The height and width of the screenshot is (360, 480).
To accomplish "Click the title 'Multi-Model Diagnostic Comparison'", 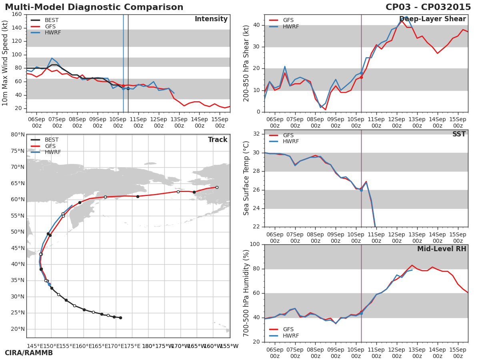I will tap(94, 7).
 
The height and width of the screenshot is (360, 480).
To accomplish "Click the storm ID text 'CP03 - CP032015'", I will tap(428, 7).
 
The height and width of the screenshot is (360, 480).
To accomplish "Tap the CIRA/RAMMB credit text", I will tap(29, 353).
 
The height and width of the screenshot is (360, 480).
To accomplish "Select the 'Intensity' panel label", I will tap(211, 19).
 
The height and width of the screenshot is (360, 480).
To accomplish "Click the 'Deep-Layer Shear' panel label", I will tap(432, 19).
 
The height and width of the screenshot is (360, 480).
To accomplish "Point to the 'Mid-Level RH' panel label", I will tap(442, 249).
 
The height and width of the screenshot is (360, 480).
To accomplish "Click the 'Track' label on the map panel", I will tap(218, 140).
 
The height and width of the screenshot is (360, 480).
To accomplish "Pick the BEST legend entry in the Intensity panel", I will tap(51, 20).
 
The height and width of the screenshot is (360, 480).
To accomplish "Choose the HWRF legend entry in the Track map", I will tap(53, 152).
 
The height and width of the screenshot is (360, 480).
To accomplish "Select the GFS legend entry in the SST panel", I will tap(288, 136).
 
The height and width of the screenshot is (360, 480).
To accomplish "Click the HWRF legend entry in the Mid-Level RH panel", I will tap(290, 336).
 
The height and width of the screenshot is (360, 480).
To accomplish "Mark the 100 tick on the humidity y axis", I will tap(254, 244).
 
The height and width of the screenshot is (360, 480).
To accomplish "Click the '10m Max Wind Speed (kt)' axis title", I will tap(6, 63).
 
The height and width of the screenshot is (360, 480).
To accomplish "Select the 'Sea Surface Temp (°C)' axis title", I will tap(247, 178).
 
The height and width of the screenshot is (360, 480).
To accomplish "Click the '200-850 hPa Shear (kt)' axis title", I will tap(247, 63).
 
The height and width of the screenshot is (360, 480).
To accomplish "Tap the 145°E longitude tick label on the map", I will tap(35, 346).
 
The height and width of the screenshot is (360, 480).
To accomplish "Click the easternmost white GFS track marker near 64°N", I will tap(217, 187).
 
